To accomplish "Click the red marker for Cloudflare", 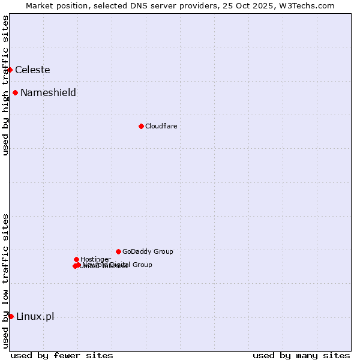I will [141, 126].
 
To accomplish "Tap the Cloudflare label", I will [161, 126].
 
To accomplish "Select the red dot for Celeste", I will [10, 70].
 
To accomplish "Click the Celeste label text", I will [32, 70].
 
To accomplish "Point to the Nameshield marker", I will [15, 92].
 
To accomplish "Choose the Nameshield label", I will [48, 92].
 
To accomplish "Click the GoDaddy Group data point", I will [118, 251].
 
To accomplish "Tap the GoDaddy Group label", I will [148, 251].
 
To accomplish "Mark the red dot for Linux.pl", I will [11, 316].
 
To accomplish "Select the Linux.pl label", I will [35, 316].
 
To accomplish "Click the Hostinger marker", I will [76, 259].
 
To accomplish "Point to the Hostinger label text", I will [95, 259].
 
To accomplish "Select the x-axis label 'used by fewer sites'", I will [62, 355].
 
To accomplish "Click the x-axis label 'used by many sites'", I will [301, 355].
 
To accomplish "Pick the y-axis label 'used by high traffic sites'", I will [5, 85].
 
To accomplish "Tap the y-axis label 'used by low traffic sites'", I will [5, 281].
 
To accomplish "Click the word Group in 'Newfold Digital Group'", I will [142, 265].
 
